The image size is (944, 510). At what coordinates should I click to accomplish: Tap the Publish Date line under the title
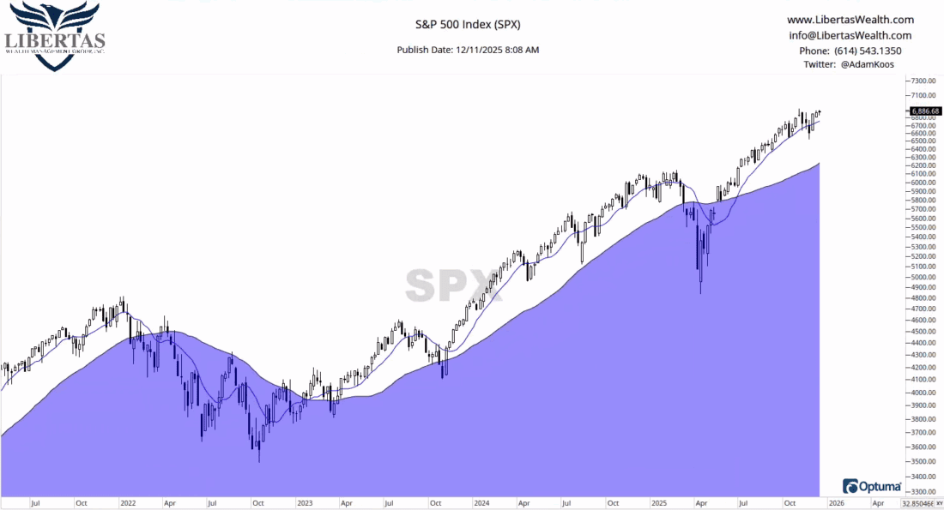(468, 50)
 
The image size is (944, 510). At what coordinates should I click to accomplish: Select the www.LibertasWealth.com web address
(850, 20)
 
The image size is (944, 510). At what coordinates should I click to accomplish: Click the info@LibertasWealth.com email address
(850, 35)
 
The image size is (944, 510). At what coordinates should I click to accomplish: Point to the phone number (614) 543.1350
(850, 51)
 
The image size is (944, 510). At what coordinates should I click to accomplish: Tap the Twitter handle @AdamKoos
(850, 64)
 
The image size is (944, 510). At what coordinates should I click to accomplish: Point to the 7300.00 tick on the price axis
(923, 81)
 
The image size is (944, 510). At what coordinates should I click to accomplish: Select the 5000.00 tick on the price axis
(923, 277)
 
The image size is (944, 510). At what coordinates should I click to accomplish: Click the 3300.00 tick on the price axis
(923, 492)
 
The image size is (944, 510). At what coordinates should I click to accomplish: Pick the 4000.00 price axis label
(923, 392)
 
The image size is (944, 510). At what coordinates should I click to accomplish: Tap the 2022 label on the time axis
(128, 503)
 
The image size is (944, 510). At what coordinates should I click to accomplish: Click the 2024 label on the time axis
(481, 503)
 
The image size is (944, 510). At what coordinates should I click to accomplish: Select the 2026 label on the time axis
(835, 503)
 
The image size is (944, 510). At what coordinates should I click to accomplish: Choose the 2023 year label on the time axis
(305, 503)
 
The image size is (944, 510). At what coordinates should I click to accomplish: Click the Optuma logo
(872, 485)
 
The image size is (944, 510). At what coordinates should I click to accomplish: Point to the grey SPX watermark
(450, 285)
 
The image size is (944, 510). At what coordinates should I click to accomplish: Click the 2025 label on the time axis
(658, 503)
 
